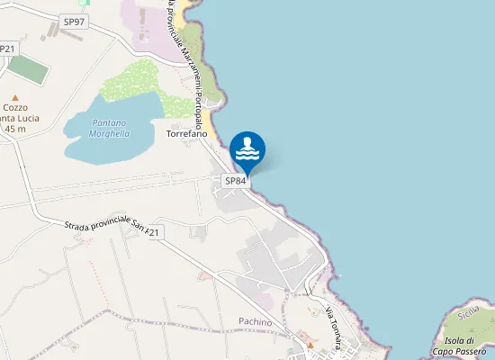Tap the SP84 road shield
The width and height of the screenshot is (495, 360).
click(235, 181)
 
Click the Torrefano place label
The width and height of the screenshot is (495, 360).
click(186, 134)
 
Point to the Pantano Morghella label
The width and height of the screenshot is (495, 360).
click(109, 128)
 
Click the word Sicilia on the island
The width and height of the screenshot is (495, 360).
click(468, 314)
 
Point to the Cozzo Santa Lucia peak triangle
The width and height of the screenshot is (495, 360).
click(14, 96)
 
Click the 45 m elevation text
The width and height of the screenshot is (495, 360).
click(15, 129)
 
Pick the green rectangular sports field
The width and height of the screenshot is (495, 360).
click(29, 70)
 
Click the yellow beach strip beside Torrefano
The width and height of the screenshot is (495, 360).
click(209, 119)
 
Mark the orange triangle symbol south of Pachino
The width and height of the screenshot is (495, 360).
click(310, 344)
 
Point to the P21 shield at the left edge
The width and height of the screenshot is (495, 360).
click(7, 49)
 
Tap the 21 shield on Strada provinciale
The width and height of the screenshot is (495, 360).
click(154, 233)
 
